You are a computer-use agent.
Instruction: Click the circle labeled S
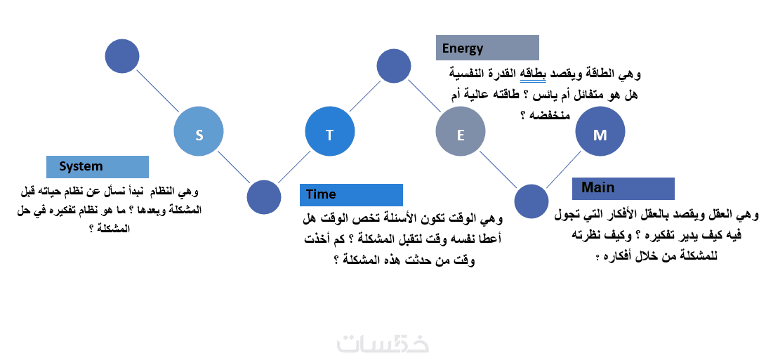[199, 132]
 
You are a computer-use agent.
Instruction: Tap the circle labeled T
[330, 132]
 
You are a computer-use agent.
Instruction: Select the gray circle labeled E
[460, 132]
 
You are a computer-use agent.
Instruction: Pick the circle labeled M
[600, 132]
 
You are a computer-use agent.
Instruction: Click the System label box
[97, 166]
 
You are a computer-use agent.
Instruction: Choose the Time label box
[351, 195]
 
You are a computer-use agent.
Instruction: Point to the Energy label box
[487, 48]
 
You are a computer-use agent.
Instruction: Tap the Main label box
[623, 189]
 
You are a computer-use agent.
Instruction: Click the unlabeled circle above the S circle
[122, 56]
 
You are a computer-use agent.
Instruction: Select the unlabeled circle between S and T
[264, 197]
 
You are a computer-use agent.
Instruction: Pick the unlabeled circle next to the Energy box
[393, 65]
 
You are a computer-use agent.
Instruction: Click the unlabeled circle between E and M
[531, 201]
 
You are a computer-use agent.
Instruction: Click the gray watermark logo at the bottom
[383, 343]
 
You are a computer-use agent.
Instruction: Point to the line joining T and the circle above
[365, 95]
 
